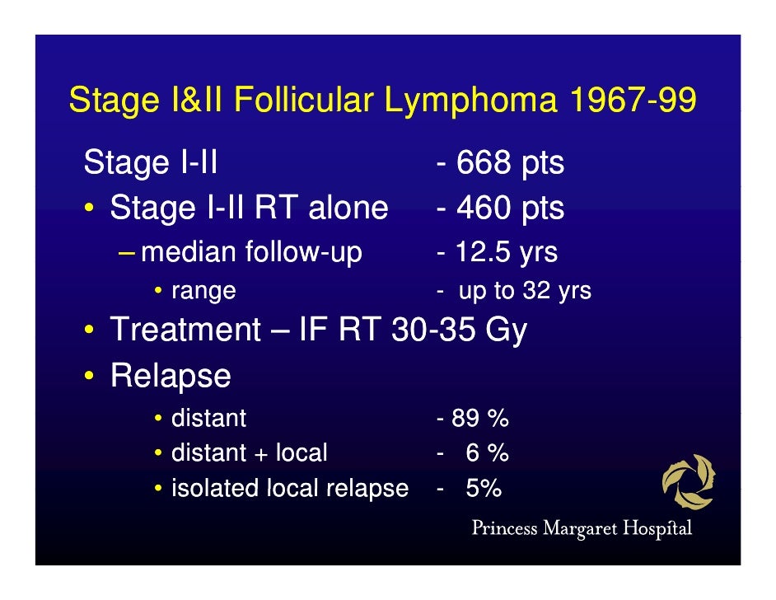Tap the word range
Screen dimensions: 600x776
pos(203,291)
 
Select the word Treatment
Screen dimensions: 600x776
pos(185,330)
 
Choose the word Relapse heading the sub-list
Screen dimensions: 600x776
pos(171,377)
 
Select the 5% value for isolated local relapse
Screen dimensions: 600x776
pos(484,489)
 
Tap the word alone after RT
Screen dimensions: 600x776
pos(348,208)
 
